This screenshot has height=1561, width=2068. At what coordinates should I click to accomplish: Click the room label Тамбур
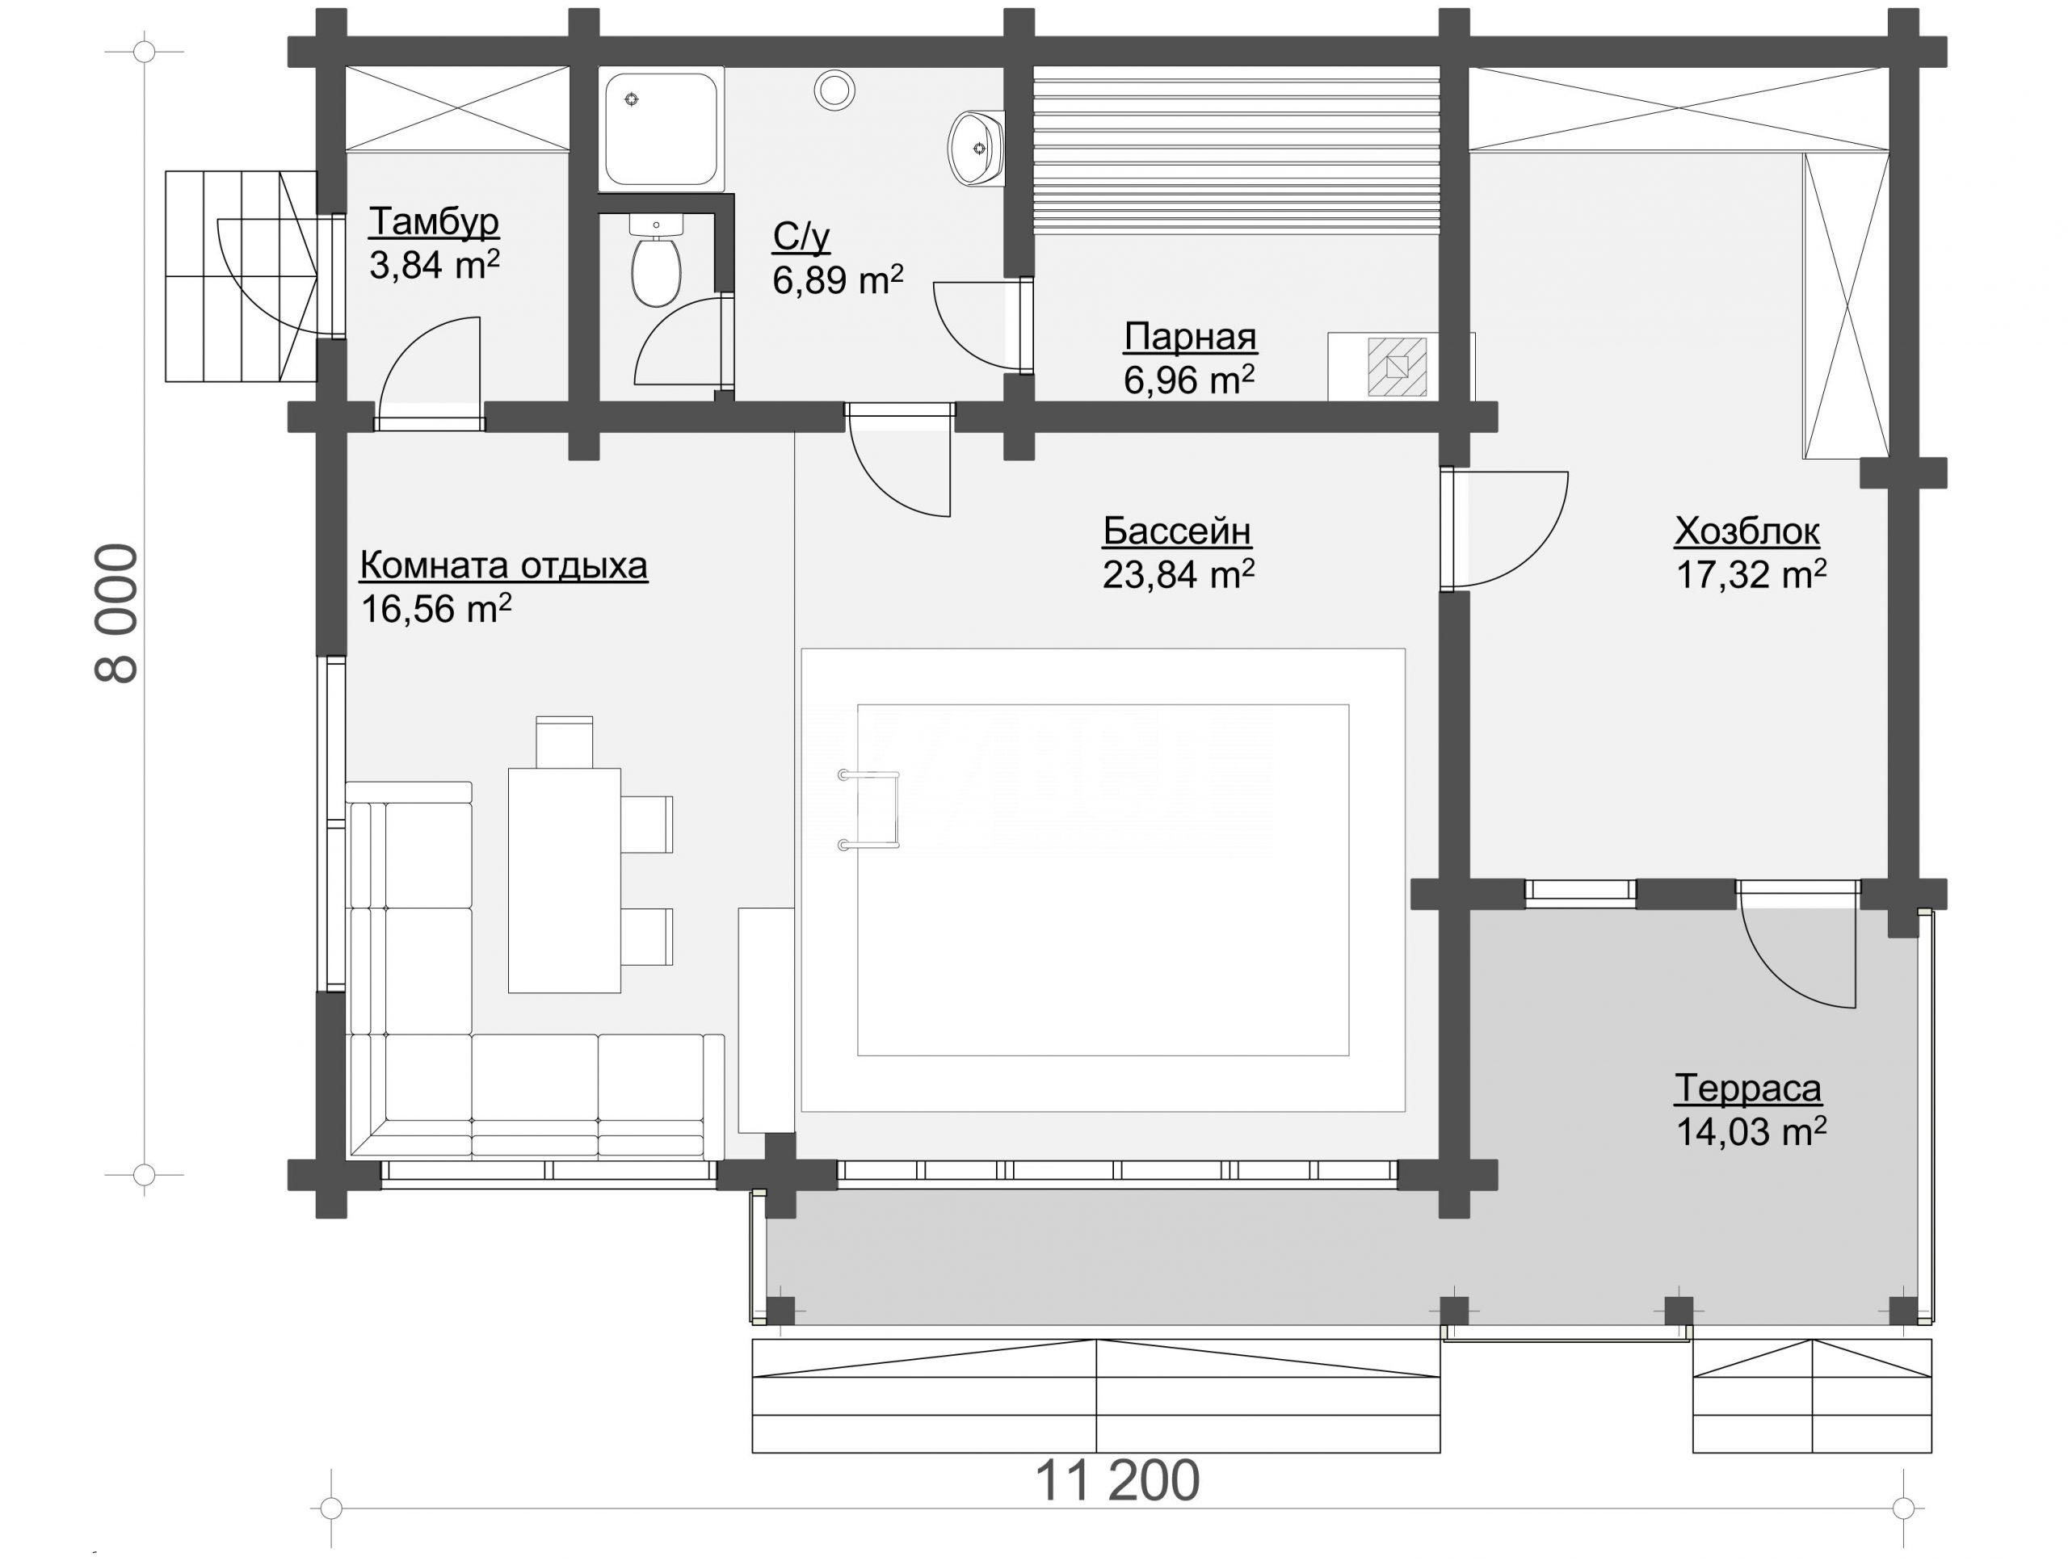coord(434,222)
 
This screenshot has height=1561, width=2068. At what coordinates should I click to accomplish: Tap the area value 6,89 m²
coord(838,279)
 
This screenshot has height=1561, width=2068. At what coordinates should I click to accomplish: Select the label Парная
coord(1190,337)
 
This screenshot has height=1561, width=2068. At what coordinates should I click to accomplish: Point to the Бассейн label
coord(1177,531)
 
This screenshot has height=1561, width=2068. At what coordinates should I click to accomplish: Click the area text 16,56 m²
coord(435,610)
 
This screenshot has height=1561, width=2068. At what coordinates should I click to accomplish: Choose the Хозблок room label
coord(1746,531)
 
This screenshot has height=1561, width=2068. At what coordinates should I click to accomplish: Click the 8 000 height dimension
coord(118,613)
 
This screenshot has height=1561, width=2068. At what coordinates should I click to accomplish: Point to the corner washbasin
coord(976,148)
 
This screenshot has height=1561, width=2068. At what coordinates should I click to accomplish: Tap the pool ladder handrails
coord(868,809)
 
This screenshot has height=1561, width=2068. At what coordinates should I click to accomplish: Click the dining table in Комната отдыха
coord(564,879)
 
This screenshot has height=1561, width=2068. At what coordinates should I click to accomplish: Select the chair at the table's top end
coord(564,742)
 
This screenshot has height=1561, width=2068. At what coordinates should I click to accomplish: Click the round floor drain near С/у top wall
coord(834,90)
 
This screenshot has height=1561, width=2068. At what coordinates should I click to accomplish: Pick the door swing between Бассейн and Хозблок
coord(1505,530)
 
